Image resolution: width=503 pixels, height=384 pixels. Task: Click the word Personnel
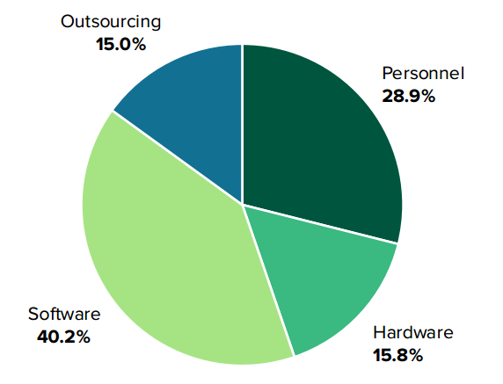point(422,73)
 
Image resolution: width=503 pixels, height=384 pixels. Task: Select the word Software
point(64,314)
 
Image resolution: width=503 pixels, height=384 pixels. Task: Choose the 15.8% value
point(398,355)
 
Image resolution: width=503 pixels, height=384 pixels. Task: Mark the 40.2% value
point(63,336)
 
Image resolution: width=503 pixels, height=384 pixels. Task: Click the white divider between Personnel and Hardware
point(321,224)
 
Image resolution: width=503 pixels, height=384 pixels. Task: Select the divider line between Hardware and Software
point(268,280)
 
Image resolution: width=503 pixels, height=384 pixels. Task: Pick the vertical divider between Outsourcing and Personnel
point(242,123)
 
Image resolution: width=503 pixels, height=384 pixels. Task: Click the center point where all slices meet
point(242,204)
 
